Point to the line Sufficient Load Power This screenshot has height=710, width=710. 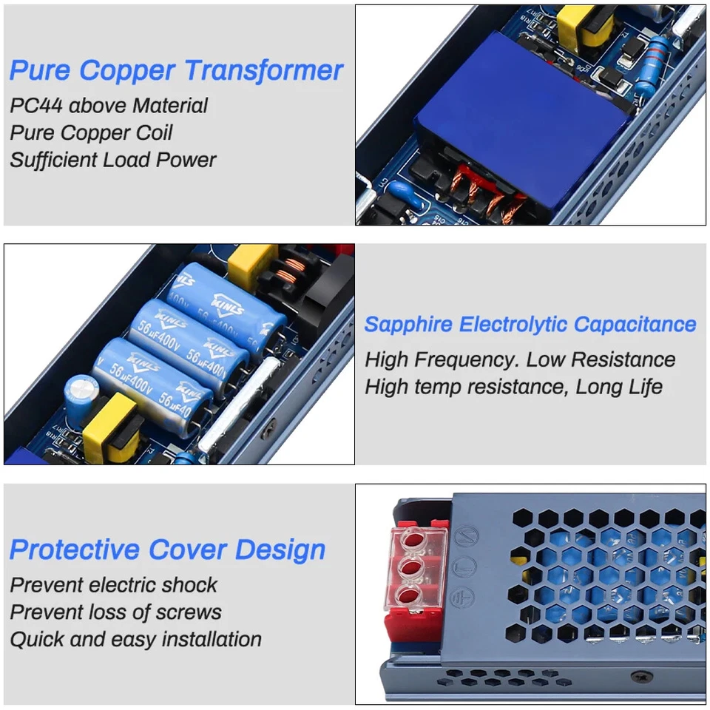(113, 160)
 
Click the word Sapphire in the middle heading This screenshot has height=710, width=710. (408, 324)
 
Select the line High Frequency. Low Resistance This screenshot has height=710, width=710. (520, 359)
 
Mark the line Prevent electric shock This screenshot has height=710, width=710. (113, 584)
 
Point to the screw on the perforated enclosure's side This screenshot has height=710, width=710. (637, 676)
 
